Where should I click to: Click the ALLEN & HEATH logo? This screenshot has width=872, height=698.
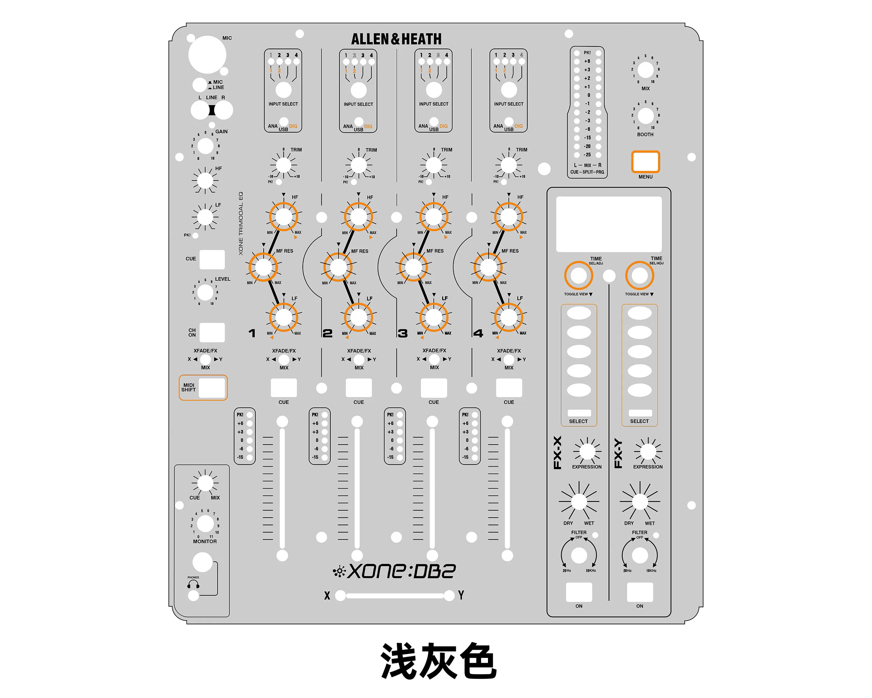point(396,39)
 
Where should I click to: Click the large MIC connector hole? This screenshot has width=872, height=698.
point(207,55)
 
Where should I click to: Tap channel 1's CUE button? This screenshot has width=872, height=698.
point(284,388)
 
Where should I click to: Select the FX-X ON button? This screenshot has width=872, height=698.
point(579,592)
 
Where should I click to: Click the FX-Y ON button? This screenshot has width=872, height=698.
point(639,592)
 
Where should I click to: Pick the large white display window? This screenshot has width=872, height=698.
point(609,224)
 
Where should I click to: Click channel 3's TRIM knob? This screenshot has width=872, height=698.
point(434,165)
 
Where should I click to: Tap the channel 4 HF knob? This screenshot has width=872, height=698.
point(509,216)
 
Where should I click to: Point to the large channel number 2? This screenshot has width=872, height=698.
point(327,333)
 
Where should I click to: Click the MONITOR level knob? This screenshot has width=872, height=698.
point(205,523)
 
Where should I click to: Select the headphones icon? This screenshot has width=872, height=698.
point(193,584)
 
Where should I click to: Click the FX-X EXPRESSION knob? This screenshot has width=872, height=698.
point(587,451)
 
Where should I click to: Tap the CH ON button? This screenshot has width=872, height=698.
point(212,332)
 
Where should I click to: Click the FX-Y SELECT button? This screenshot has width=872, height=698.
point(639,413)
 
